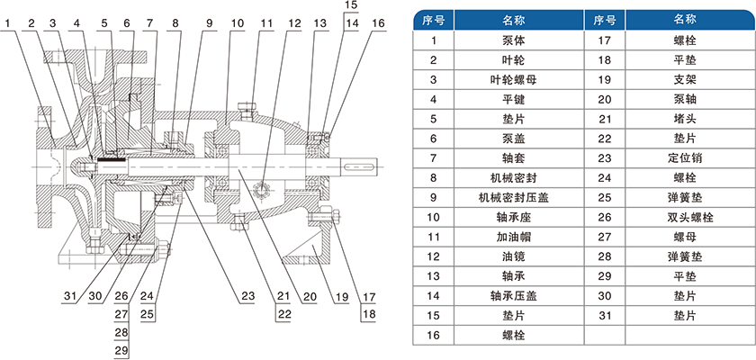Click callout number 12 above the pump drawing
pos(294,23)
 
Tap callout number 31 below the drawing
pos(70,296)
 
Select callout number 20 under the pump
pos(309,296)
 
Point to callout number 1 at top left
pos(10,23)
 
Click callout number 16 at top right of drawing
pos(379,23)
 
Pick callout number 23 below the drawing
pos(247,296)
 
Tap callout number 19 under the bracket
pos(341,296)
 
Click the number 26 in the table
pos(605,217)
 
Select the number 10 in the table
pos(434,217)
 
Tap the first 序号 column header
pos(434,20)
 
